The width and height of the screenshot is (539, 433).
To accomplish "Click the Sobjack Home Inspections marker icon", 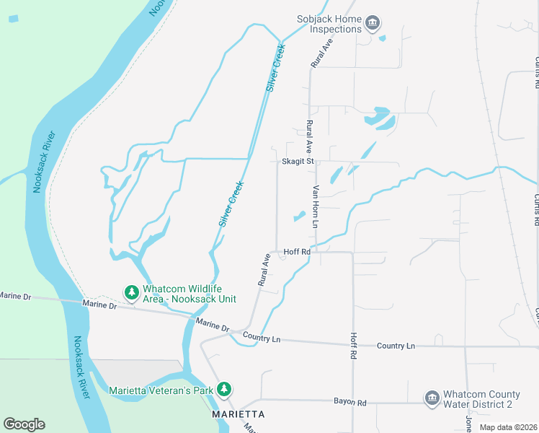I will point(372,24).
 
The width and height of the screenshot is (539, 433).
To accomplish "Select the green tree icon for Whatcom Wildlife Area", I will point(131,292).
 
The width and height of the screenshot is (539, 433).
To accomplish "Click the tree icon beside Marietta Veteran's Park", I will point(224,390).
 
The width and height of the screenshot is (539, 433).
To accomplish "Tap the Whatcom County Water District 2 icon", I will point(432,398).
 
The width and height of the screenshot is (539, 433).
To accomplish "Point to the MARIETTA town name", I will point(238,415).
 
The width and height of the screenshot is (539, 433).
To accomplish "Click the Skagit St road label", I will point(299,162).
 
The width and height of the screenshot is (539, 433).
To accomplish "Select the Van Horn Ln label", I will point(315,206).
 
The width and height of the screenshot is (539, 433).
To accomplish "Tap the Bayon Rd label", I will point(349,401).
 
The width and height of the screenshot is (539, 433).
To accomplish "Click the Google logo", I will point(24,424).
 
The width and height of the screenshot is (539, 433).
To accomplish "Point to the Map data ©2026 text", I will point(508,427).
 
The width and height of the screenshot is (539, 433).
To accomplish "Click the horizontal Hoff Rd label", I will point(296,252).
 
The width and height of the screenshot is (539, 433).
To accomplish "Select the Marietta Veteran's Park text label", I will point(162,390).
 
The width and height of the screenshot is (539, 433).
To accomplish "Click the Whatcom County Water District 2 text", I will point(481,399).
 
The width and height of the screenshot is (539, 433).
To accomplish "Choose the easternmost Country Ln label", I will point(396,346).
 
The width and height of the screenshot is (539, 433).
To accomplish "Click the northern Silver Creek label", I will point(275,68).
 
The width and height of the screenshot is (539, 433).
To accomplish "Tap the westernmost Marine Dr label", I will point(15,296).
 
